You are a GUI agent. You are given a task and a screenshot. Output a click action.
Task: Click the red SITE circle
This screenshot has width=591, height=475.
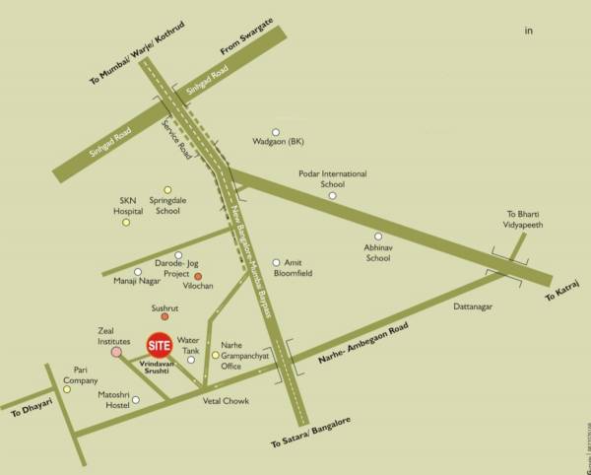click(159, 346)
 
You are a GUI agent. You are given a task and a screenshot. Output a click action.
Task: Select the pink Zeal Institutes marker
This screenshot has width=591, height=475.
click(116, 350)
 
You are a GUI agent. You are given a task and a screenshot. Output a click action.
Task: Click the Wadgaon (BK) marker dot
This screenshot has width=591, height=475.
click(276, 132)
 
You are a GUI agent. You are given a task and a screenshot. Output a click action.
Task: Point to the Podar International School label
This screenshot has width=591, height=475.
click(333, 178)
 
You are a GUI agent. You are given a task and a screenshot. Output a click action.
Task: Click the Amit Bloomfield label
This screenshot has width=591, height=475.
click(297, 268)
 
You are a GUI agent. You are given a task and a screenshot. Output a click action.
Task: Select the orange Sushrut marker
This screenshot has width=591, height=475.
click(164, 316)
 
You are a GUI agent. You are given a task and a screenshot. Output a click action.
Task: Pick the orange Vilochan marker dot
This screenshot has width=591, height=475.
click(198, 276)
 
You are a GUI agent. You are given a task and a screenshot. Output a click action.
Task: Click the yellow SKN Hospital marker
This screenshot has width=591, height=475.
click(126, 222)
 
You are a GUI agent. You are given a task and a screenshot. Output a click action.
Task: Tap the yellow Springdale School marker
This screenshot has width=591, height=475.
click(167, 189)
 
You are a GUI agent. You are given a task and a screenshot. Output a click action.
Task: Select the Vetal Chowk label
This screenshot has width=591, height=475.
click(226, 401)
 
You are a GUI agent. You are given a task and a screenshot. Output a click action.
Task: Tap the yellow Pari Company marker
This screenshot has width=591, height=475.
click(67, 389)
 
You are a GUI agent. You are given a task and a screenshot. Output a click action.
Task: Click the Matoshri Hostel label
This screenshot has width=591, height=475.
click(114, 399)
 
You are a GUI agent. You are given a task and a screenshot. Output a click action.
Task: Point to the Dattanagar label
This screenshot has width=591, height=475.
click(473, 307)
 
